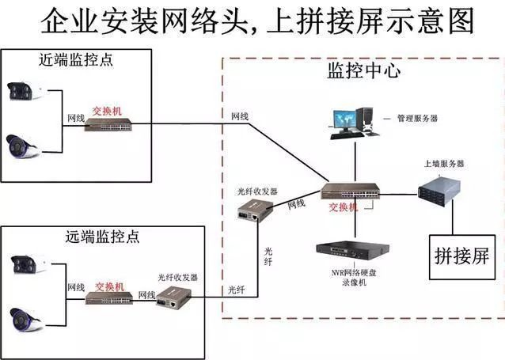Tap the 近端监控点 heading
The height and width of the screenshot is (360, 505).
75,60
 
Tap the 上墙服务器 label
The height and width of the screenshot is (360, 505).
444,163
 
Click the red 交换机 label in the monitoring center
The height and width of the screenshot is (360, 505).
343,207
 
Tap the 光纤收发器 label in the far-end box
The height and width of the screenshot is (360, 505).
177,278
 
